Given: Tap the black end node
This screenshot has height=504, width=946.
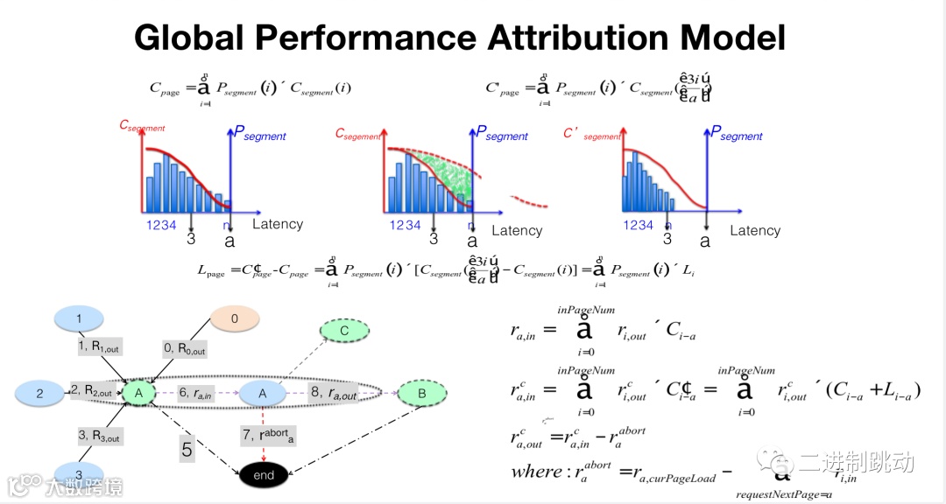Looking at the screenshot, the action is click(x=263, y=475).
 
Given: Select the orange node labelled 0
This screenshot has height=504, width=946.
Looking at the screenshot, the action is click(x=234, y=319).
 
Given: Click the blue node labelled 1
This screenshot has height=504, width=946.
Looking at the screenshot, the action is click(x=79, y=318).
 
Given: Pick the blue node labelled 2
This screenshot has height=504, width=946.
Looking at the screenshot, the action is click(x=40, y=395).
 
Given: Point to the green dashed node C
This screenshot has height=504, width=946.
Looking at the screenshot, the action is click(x=343, y=331).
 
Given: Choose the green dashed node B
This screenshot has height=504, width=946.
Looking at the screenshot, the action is click(x=422, y=395).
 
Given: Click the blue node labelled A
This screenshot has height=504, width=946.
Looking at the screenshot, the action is click(x=262, y=395).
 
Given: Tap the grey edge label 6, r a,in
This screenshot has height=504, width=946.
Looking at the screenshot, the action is click(x=195, y=395).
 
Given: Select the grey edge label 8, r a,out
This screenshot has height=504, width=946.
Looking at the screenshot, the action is click(x=335, y=395).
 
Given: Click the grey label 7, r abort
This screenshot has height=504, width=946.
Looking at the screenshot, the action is click(x=269, y=435).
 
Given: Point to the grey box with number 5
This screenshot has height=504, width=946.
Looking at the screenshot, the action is click(x=187, y=450).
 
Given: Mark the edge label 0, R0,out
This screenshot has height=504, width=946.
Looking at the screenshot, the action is click(x=184, y=349).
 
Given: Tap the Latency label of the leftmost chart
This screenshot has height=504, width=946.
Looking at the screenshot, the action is click(x=278, y=224).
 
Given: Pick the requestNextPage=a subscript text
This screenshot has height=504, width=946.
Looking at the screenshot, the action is click(x=783, y=495).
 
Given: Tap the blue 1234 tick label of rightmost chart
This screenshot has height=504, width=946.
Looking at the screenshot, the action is click(x=639, y=225).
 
